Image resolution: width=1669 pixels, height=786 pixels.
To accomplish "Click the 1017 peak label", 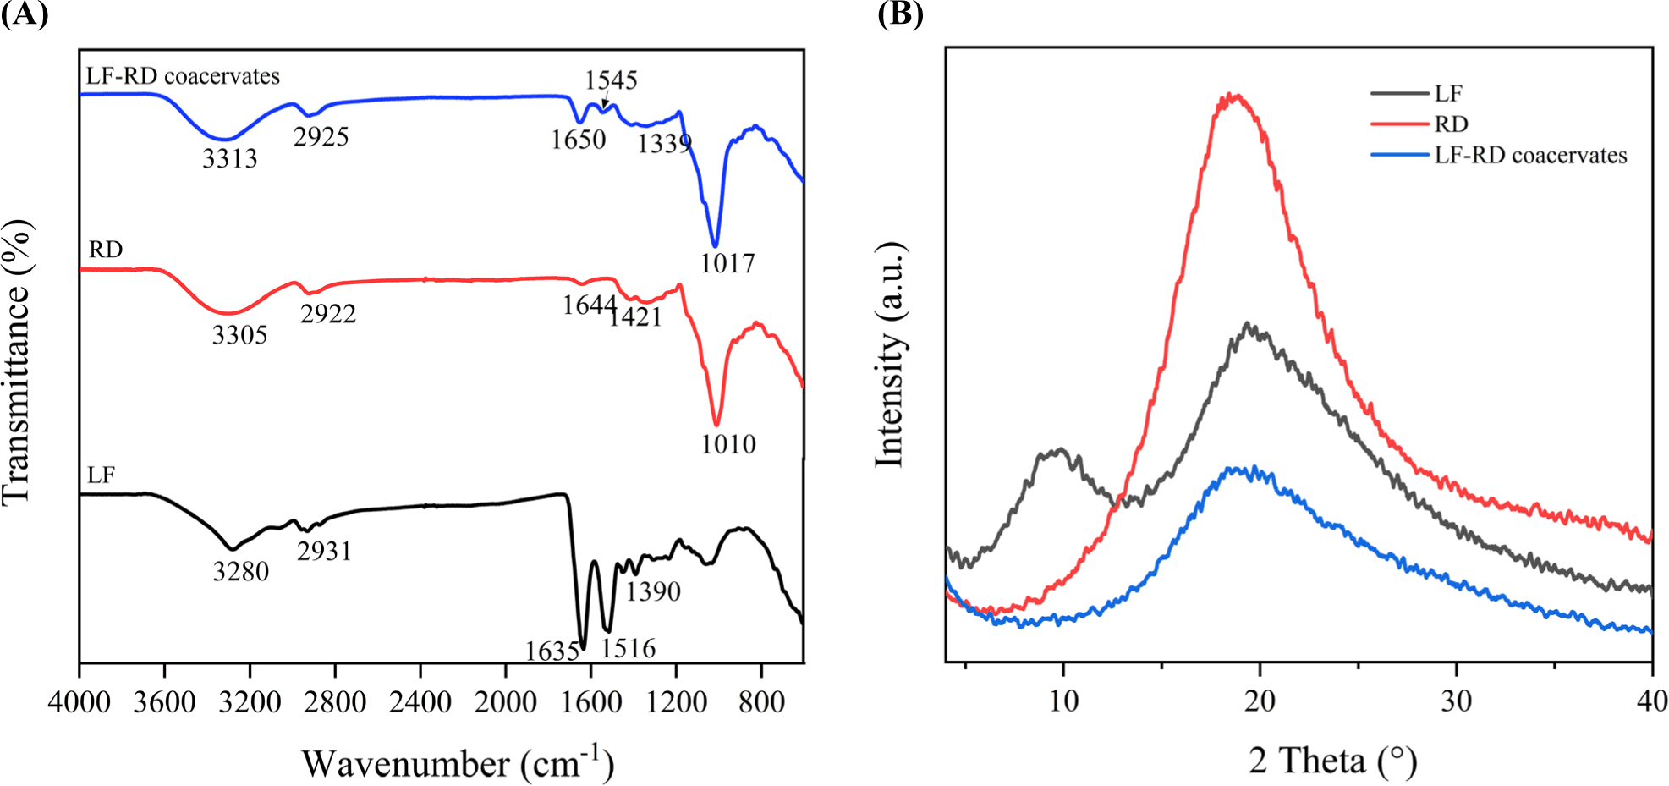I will tap(727, 264).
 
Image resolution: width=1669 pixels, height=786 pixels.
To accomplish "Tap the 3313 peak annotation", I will tap(229, 158).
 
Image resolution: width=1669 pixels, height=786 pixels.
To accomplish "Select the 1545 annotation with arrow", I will tap(611, 80).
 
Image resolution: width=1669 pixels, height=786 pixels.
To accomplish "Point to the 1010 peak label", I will tap(727, 444).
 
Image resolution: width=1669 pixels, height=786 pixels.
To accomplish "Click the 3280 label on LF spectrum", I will tap(240, 572).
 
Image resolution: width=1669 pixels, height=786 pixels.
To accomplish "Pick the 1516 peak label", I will tap(628, 649).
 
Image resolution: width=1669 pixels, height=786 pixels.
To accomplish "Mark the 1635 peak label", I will tap(552, 651).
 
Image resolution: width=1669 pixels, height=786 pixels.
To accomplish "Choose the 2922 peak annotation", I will tap(327, 314).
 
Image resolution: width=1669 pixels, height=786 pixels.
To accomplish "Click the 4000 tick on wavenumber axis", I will tap(79, 702).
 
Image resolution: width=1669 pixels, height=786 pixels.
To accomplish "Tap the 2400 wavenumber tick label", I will tap(420, 702).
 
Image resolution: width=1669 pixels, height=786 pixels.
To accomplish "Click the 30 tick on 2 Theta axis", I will tap(1456, 701).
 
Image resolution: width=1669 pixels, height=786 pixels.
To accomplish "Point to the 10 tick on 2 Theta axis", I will tap(1063, 701).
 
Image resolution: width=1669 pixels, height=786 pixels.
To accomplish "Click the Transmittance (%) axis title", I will tap(18, 362).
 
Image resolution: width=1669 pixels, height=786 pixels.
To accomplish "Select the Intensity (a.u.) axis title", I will tap(889, 354).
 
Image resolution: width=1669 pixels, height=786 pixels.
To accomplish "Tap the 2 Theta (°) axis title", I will tap(1332, 761).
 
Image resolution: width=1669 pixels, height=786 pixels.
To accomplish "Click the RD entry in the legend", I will tap(1451, 124).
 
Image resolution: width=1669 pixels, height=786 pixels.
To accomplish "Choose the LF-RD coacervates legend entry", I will tap(1530, 156).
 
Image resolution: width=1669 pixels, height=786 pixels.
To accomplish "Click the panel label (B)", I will tap(900, 14).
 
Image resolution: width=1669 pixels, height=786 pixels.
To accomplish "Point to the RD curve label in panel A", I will tap(106, 250).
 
